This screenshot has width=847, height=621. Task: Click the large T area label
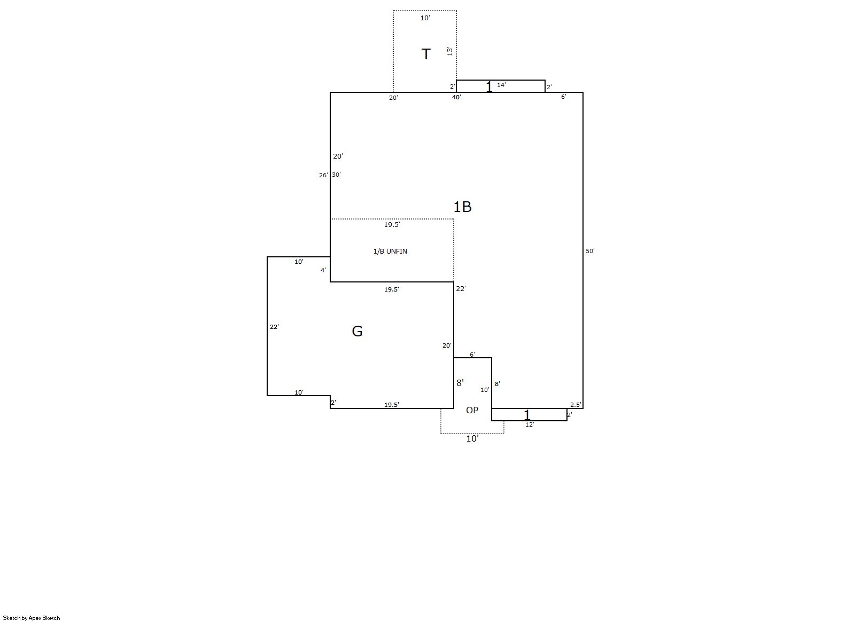426,54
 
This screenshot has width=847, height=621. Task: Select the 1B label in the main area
462,207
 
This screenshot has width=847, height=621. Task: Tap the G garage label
357,331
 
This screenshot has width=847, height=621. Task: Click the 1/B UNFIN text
390,251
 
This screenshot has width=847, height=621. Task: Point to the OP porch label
472,410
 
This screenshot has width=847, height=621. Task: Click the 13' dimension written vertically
449,51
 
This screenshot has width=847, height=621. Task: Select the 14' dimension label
501,85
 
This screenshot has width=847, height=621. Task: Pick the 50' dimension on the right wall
590,251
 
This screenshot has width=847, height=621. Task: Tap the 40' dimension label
456,97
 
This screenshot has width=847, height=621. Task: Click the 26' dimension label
323,175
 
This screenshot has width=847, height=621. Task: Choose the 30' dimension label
336,175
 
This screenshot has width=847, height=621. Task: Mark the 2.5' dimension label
576,405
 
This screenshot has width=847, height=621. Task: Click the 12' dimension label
530,425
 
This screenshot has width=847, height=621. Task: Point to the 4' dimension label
323,270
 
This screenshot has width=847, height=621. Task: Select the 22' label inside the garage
274,327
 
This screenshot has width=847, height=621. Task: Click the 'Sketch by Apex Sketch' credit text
32,618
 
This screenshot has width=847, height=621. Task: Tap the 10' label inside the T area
425,18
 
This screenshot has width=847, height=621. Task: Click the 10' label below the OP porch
472,438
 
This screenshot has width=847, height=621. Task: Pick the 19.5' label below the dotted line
392,224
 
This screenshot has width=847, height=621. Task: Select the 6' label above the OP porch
472,355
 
